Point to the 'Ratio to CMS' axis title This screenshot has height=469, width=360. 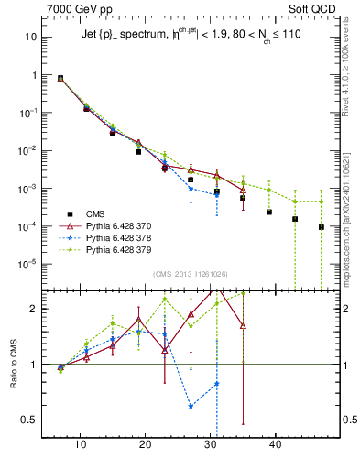point(12,365)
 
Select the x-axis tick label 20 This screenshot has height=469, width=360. point(145,444)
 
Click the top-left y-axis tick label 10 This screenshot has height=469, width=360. point(31,38)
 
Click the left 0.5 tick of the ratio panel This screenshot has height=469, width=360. point(29,420)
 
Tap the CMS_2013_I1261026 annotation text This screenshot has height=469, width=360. point(190,274)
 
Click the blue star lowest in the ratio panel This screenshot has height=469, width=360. point(191,406)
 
